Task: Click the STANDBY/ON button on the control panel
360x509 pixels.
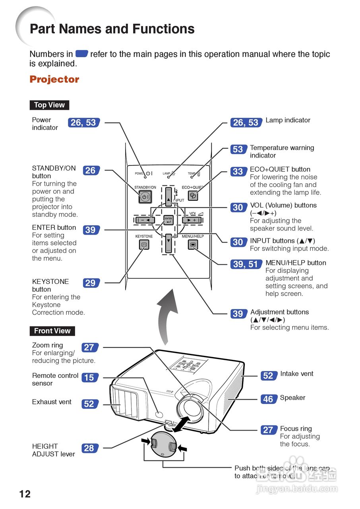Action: (x=145, y=197)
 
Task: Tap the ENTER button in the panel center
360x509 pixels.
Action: (x=168, y=220)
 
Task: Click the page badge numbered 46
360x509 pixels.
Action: (x=268, y=399)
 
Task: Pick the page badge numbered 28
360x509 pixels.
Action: (x=89, y=448)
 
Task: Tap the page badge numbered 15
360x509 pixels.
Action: (x=89, y=377)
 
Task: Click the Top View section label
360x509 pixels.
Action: (x=49, y=105)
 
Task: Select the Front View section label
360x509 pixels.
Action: (x=52, y=331)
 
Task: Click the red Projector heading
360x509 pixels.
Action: (x=54, y=79)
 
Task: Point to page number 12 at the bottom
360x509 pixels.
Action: (x=25, y=494)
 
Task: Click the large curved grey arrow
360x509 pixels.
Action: (x=169, y=314)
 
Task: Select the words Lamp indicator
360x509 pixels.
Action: (x=288, y=120)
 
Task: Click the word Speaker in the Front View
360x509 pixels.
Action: (x=292, y=398)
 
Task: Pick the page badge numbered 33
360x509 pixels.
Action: (x=238, y=171)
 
